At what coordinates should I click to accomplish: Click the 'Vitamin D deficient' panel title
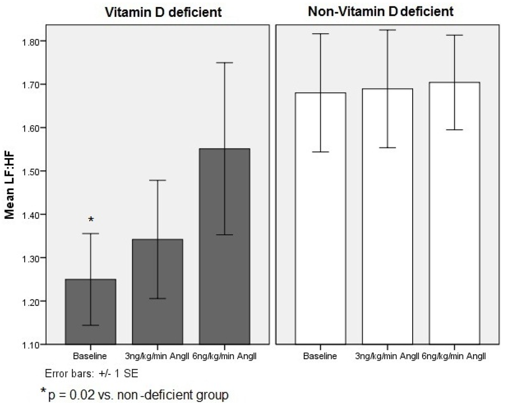pyautogui.click(x=164, y=13)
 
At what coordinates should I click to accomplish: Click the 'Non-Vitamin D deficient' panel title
pyautogui.click(x=380, y=12)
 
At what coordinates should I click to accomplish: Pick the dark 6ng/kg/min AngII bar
pyautogui.click(x=224, y=246)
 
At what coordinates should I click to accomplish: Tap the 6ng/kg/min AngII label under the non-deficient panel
pyautogui.click(x=454, y=356)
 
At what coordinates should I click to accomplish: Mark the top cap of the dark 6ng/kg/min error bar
pyautogui.click(x=224, y=63)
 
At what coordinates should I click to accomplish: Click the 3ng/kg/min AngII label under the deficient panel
pyautogui.click(x=157, y=356)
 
